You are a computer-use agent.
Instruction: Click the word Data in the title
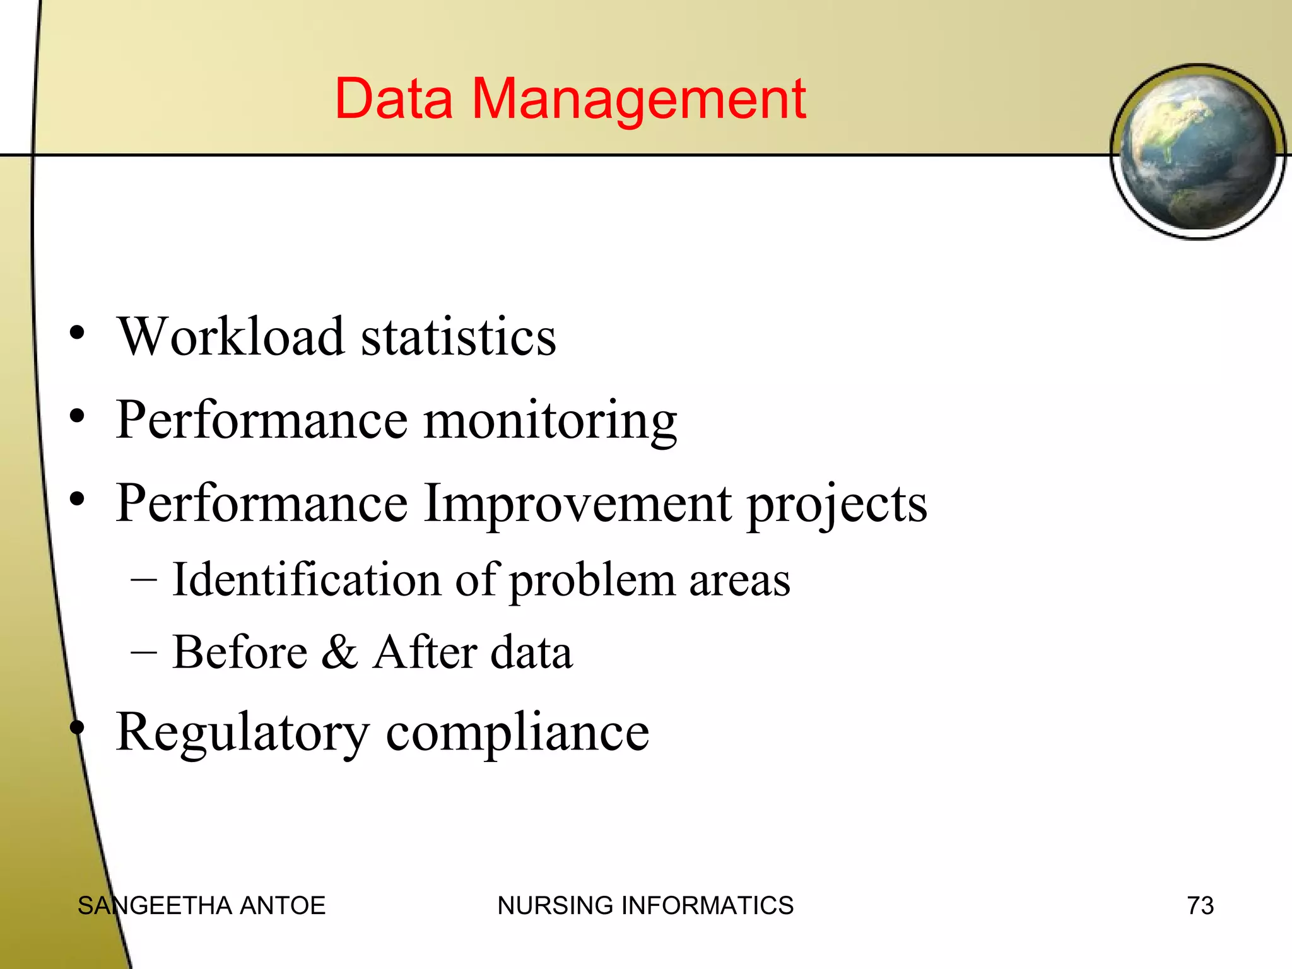[x=394, y=99]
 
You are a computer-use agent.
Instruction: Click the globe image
[x=1197, y=152]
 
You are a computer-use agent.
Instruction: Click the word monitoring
[x=550, y=421]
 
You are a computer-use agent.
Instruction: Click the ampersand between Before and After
[x=339, y=652]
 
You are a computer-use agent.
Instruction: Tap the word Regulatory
[x=243, y=733]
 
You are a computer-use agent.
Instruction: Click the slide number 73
[x=1200, y=906]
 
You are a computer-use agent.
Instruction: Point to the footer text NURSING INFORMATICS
[x=645, y=906]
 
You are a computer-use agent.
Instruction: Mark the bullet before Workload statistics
[x=77, y=333]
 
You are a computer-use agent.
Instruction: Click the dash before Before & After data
[x=144, y=652]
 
